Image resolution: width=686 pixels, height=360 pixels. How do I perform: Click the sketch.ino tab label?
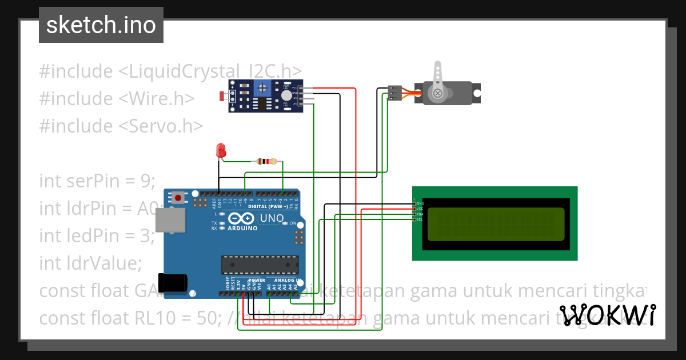[101, 25]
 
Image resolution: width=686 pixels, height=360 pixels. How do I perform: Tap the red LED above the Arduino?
[221, 150]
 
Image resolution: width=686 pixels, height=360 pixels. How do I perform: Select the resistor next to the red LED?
[266, 161]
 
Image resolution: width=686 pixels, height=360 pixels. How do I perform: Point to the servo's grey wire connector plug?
[394, 93]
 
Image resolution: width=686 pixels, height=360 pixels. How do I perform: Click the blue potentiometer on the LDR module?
[262, 88]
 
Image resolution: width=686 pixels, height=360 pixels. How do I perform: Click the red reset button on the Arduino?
[179, 198]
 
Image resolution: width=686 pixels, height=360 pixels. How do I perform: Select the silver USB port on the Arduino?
[171, 221]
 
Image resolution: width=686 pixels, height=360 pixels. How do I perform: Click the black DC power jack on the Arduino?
[173, 282]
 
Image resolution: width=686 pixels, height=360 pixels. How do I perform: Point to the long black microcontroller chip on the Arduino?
[260, 265]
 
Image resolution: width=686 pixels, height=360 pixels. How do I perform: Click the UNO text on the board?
[272, 218]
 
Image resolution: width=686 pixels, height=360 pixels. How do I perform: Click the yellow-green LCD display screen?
[496, 223]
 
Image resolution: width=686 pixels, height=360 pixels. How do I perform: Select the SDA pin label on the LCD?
[418, 214]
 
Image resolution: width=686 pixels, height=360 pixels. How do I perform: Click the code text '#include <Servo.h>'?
[121, 126]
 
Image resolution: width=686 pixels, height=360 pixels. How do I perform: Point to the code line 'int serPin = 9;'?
[97, 181]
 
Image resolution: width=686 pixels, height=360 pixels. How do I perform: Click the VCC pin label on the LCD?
[418, 209]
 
